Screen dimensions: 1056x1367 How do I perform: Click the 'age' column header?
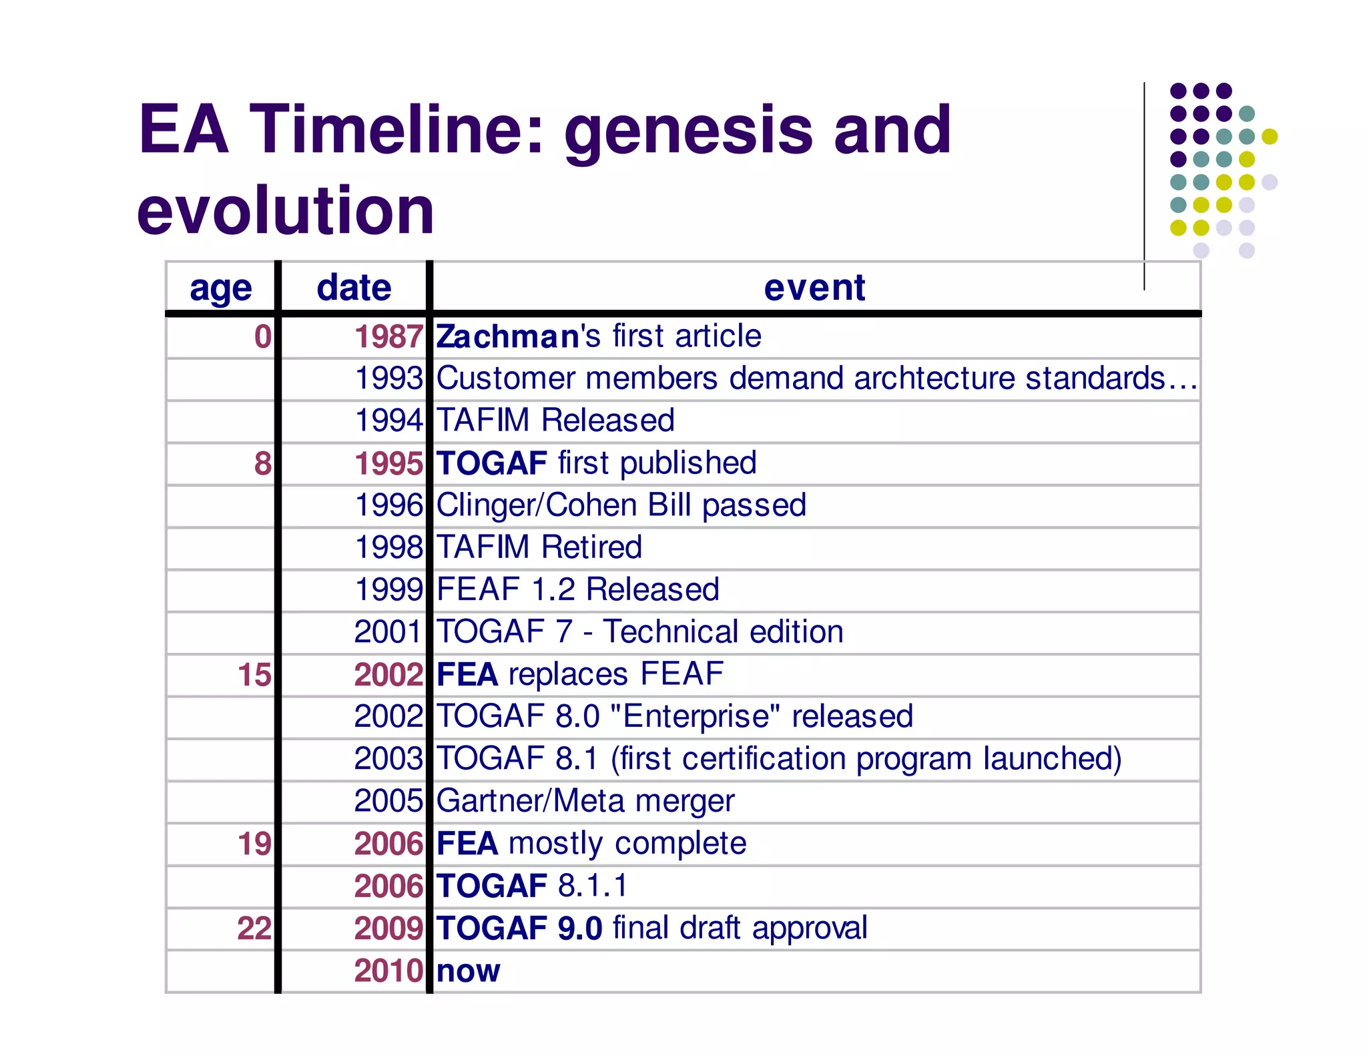(221, 288)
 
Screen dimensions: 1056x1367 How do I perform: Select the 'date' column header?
(354, 288)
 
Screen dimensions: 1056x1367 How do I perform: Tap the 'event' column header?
(814, 288)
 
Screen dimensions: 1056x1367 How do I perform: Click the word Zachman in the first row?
(507, 336)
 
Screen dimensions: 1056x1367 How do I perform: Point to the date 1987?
(388, 336)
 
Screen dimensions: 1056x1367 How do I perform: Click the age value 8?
(263, 463)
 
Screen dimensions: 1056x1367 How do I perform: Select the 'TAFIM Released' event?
(555, 421)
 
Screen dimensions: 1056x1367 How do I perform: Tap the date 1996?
(388, 505)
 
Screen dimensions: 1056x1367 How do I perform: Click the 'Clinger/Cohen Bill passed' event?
(621, 505)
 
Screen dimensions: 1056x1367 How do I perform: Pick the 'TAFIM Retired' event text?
(539, 547)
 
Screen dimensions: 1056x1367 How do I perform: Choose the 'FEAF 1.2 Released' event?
(578, 589)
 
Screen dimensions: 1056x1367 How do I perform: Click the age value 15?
(254, 675)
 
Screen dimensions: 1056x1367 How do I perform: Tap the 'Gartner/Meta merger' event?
(585, 801)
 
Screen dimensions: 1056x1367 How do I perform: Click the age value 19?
(254, 844)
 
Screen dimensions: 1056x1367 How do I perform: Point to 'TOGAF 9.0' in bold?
(519, 929)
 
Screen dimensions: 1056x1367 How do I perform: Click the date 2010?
(388, 971)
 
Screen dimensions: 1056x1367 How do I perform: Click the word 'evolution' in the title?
(286, 210)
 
